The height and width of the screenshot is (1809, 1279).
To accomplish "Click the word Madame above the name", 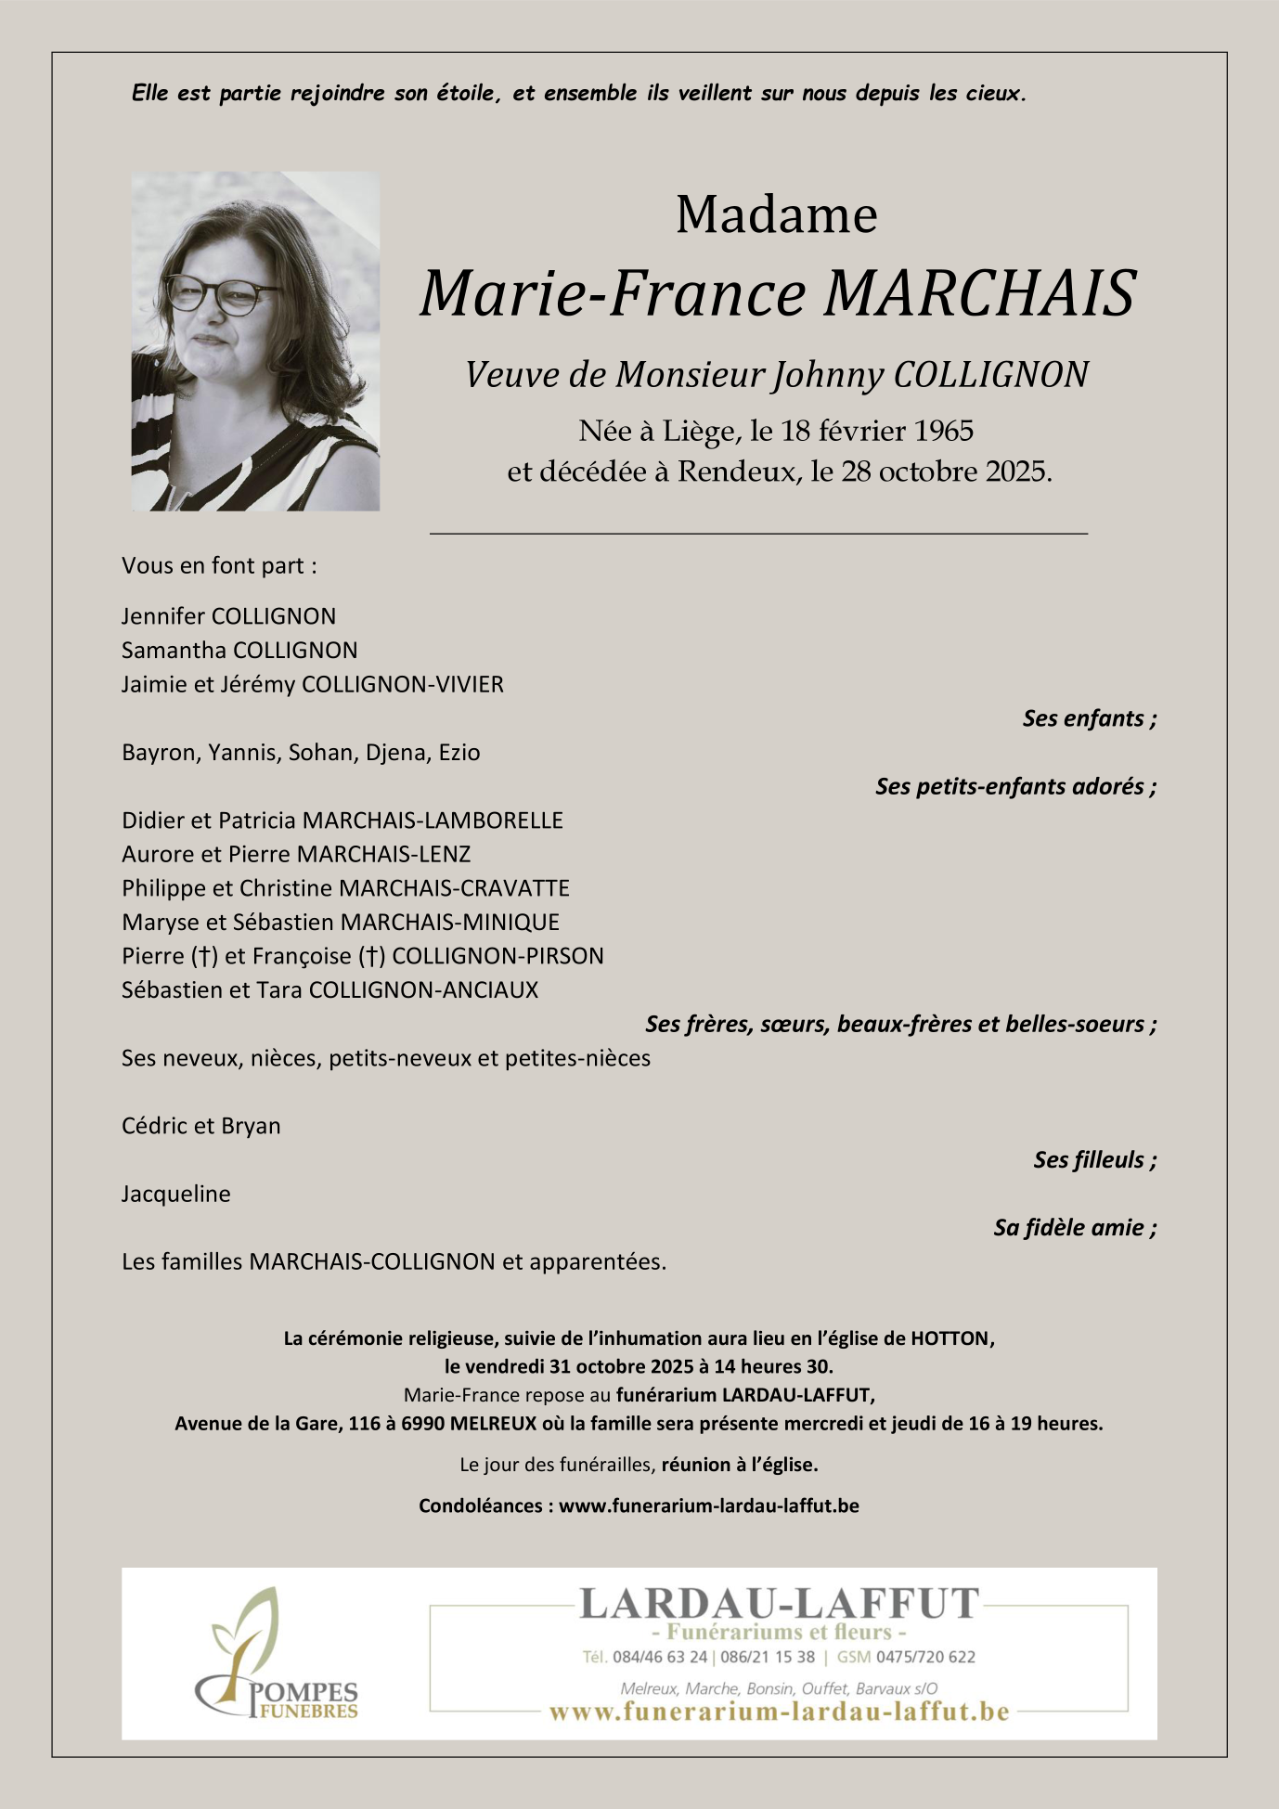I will pos(776,215).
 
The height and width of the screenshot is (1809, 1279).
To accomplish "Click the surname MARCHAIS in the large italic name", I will pos(979,293).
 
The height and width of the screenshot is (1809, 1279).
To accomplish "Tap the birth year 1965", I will pos(943,431).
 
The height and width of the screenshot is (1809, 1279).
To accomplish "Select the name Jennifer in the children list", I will pos(163,616).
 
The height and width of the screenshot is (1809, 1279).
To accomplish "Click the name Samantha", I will pos(174,651).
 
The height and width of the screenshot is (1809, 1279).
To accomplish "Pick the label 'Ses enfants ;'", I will pos(1089,718).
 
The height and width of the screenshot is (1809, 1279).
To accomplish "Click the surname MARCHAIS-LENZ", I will pos(383,854).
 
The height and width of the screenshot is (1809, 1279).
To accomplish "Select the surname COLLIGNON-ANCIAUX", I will pos(423,990).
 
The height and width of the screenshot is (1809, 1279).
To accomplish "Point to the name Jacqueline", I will pos(175,1195).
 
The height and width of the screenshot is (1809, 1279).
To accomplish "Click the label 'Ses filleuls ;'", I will pos(1094,1160).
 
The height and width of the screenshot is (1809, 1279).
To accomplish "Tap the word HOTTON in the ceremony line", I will pos(950,1338).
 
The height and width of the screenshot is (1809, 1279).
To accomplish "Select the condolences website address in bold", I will pos(708,1505).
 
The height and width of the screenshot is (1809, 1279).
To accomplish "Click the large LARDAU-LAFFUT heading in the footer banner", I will pos(779,1604).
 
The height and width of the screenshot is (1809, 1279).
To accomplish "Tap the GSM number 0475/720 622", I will pos(925,1657).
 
